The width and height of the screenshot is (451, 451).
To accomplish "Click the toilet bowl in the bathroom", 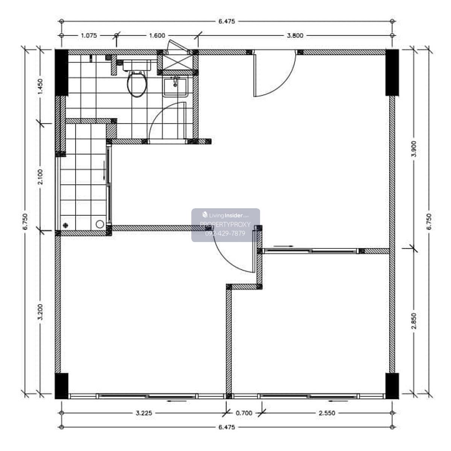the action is [x=137, y=84].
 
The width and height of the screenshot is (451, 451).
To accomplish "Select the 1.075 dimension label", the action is [x=89, y=36].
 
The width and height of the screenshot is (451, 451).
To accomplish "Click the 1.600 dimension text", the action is [x=157, y=36].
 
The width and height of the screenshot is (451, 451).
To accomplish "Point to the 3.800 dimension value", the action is [x=295, y=36].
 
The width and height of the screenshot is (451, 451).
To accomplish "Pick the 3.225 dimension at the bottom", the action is [x=144, y=413].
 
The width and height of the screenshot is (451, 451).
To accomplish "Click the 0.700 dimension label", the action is [x=244, y=413].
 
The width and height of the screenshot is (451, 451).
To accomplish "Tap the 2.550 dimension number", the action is [x=327, y=413].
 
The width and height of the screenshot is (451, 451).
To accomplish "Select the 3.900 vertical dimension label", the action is [x=414, y=149].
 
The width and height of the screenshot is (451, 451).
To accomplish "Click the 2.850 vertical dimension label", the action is [x=414, y=321].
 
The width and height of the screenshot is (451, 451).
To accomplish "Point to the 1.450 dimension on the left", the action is [x=40, y=87].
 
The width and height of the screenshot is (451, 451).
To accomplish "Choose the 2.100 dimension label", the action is [x=40, y=177].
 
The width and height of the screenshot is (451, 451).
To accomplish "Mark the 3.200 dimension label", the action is [x=40, y=312].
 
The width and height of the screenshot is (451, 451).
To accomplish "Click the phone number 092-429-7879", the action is [x=225, y=233].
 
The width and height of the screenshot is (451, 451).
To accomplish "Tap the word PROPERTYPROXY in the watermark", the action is [x=225, y=224].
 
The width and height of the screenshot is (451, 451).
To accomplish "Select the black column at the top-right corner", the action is [x=392, y=72].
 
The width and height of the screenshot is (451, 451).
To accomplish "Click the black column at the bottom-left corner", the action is [x=61, y=386].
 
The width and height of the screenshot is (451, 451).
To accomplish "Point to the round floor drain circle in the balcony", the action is [x=100, y=224].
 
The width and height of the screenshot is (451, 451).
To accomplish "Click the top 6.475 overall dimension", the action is [x=227, y=21].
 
